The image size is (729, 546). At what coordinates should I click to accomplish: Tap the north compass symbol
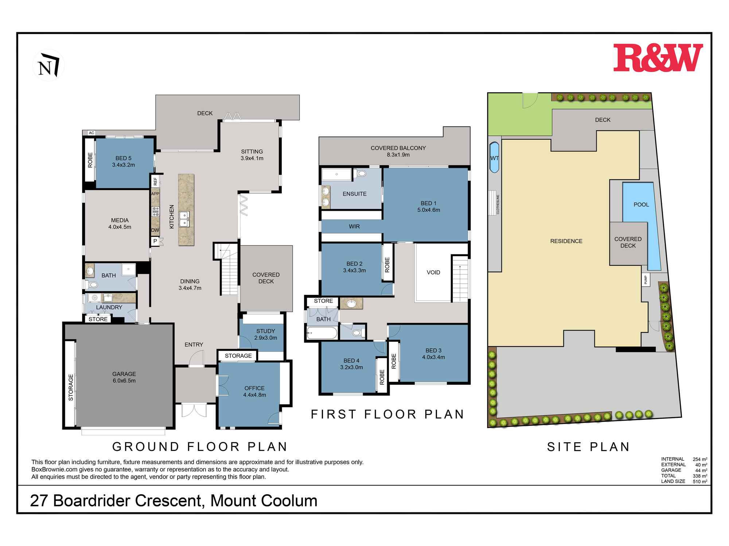[x=48, y=65]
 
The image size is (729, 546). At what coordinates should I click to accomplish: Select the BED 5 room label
[x=124, y=161]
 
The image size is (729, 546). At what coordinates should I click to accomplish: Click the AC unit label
[x=91, y=133]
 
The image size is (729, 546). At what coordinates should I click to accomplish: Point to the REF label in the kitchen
[x=155, y=181]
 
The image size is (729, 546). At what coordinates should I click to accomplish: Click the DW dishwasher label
[x=155, y=230]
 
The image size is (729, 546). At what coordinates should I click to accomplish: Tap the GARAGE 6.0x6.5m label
[x=124, y=377]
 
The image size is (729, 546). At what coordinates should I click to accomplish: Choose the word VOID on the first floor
[x=433, y=272]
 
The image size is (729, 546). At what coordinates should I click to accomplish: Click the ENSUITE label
[x=355, y=194]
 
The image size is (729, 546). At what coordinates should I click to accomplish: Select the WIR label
[x=354, y=226]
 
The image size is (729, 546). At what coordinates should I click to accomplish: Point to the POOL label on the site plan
[x=641, y=205]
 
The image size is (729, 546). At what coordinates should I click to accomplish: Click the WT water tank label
[x=494, y=158]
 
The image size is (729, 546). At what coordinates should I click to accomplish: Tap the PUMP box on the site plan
[x=646, y=280]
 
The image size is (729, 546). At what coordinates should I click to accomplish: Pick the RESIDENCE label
[x=566, y=241]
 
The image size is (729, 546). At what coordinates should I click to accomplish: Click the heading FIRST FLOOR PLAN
[x=387, y=414]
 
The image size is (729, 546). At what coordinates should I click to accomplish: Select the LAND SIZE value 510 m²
[x=700, y=481]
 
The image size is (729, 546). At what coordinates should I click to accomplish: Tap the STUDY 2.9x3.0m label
[x=266, y=334]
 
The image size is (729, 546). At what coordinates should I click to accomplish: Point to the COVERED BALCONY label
[x=398, y=151]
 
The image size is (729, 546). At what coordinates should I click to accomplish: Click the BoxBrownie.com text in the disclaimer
[x=54, y=470]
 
